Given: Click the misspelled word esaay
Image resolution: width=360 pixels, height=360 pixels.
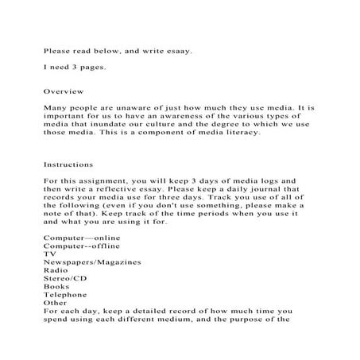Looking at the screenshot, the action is click(178, 52).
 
